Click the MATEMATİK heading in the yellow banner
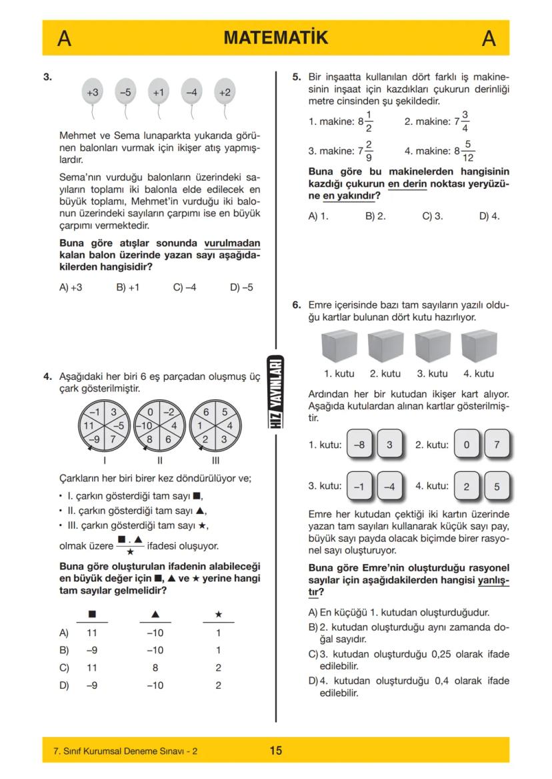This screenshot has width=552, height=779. point(275,38)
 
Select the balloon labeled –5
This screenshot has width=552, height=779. point(125,93)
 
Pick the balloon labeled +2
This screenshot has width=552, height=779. point(225,93)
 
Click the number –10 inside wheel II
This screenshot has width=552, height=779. point(146,424)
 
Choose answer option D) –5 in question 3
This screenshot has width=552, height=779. point(241,288)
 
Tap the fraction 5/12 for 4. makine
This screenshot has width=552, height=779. point(469,151)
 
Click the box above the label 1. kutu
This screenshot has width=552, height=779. point(339,346)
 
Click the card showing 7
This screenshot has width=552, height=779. point(495,445)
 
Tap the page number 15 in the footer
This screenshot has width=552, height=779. point(275,751)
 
